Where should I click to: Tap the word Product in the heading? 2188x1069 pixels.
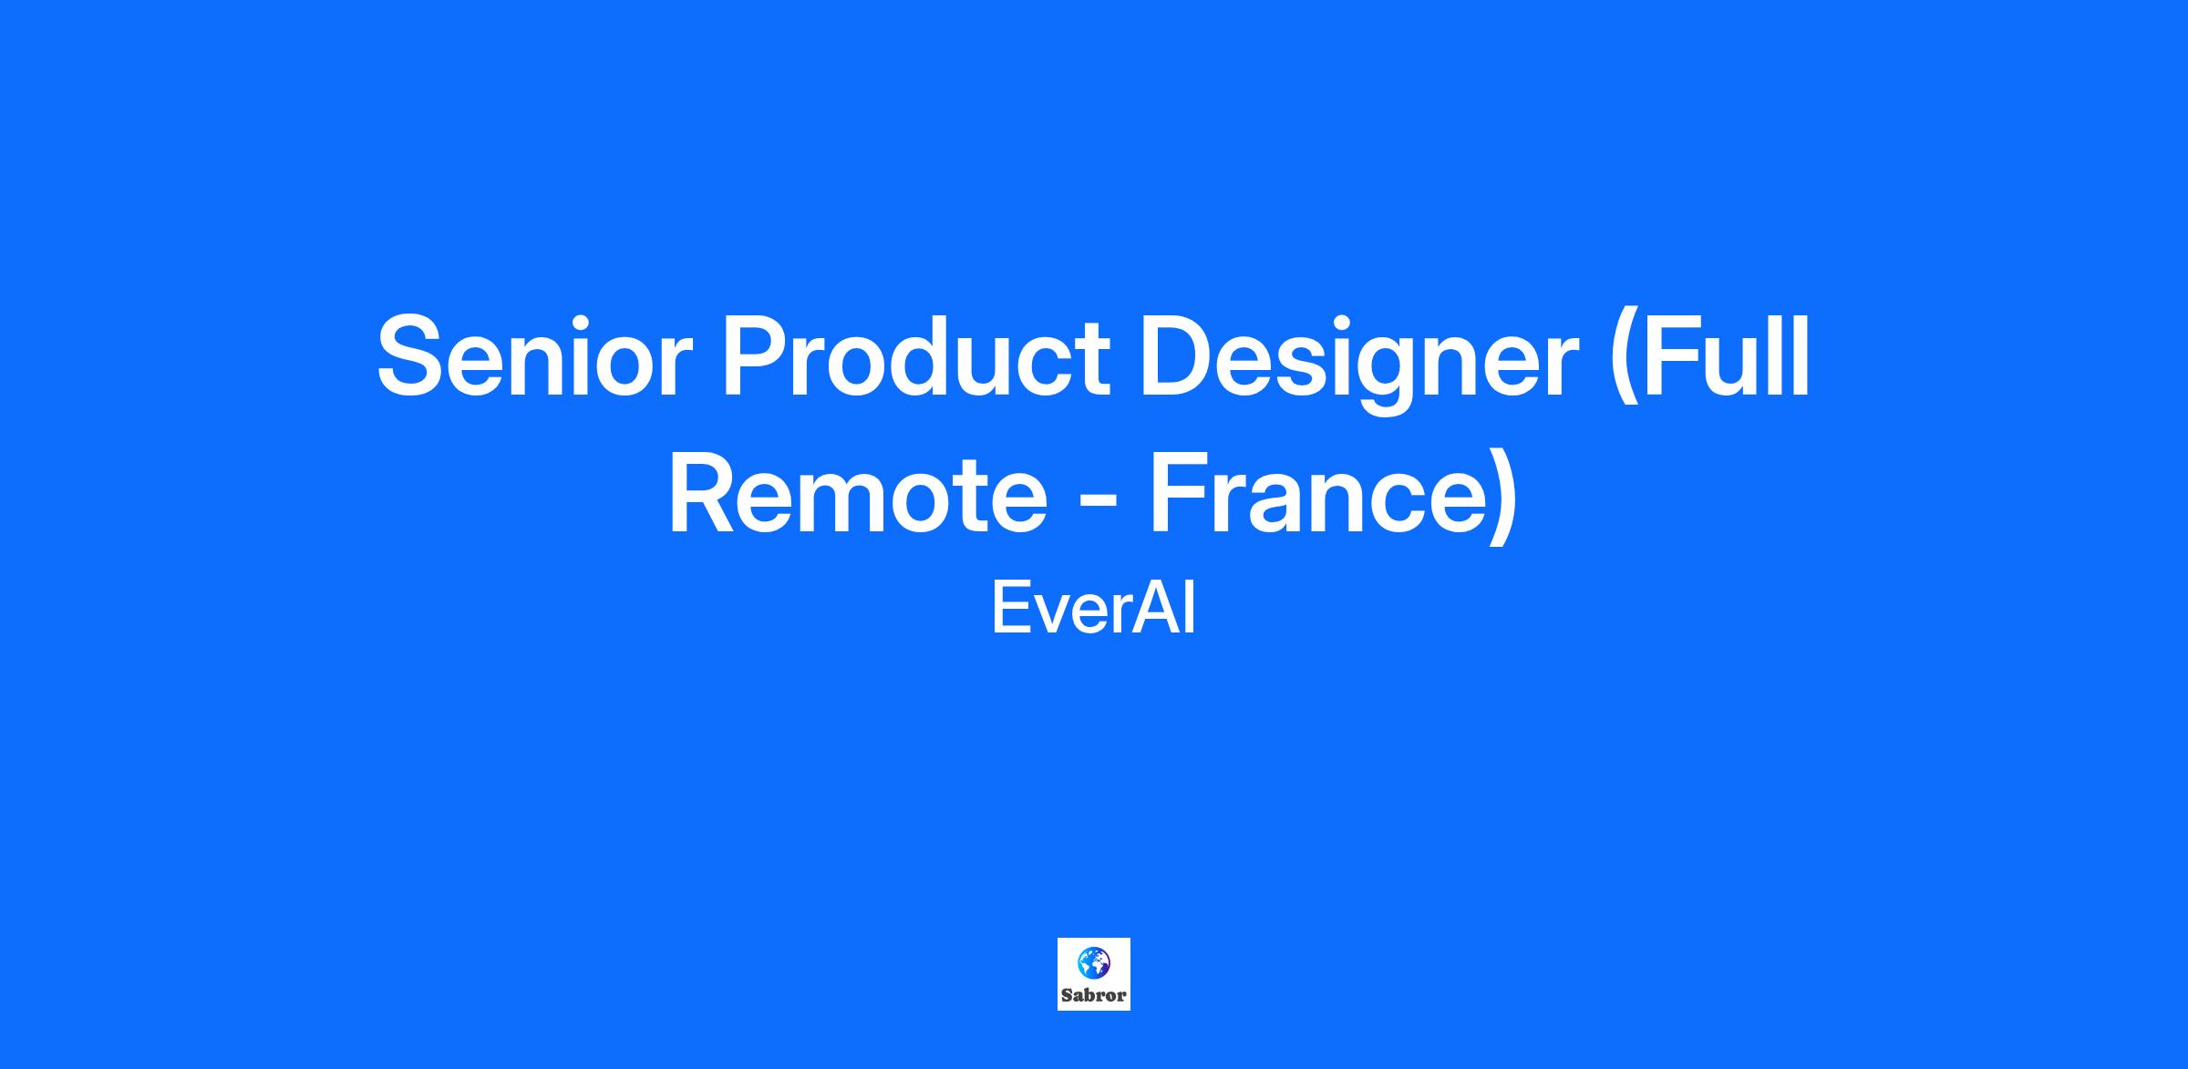pos(916,355)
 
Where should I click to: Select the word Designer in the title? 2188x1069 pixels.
pos(1360,363)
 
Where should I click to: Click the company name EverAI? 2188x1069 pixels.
pos(1093,610)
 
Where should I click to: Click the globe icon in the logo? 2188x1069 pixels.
pos(1093,962)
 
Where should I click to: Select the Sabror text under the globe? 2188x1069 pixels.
pos(1094,995)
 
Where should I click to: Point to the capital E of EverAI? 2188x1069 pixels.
pos(1009,610)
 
